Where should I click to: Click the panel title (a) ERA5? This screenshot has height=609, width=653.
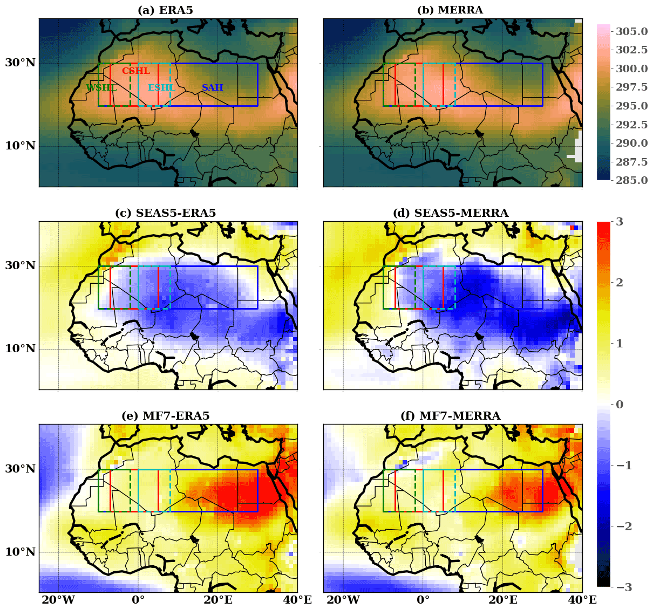point(165,10)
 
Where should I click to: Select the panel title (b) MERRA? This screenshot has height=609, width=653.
point(450,10)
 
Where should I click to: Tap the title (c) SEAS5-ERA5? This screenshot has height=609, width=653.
point(165,213)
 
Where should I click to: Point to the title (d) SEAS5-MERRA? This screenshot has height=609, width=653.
point(451,213)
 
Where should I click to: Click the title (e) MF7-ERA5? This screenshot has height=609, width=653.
point(165,416)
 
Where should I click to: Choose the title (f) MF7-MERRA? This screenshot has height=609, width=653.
point(451,416)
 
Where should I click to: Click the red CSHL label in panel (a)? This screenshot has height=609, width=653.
point(136,71)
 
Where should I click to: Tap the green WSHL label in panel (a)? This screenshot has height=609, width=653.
point(101,87)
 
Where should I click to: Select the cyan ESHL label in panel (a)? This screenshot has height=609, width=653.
point(161,87)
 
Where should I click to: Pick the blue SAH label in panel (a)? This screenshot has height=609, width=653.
point(213,87)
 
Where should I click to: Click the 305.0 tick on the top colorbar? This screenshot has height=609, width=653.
point(632,32)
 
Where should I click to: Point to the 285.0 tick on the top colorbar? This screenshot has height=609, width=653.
point(632,180)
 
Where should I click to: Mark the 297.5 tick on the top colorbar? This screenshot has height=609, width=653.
point(632,87)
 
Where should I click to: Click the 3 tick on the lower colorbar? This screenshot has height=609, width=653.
point(620,222)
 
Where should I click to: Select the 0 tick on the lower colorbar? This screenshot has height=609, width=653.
point(620,405)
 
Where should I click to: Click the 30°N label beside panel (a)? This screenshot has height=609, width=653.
point(21,63)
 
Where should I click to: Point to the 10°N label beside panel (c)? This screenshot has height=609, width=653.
point(21,349)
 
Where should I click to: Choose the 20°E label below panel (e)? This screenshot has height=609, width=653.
point(218,600)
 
